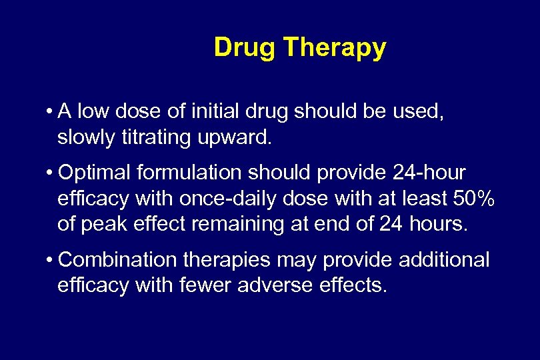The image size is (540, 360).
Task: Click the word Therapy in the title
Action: [335, 49]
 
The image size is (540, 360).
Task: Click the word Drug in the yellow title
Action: [245, 47]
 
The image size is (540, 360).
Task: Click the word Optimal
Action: [94, 173]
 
